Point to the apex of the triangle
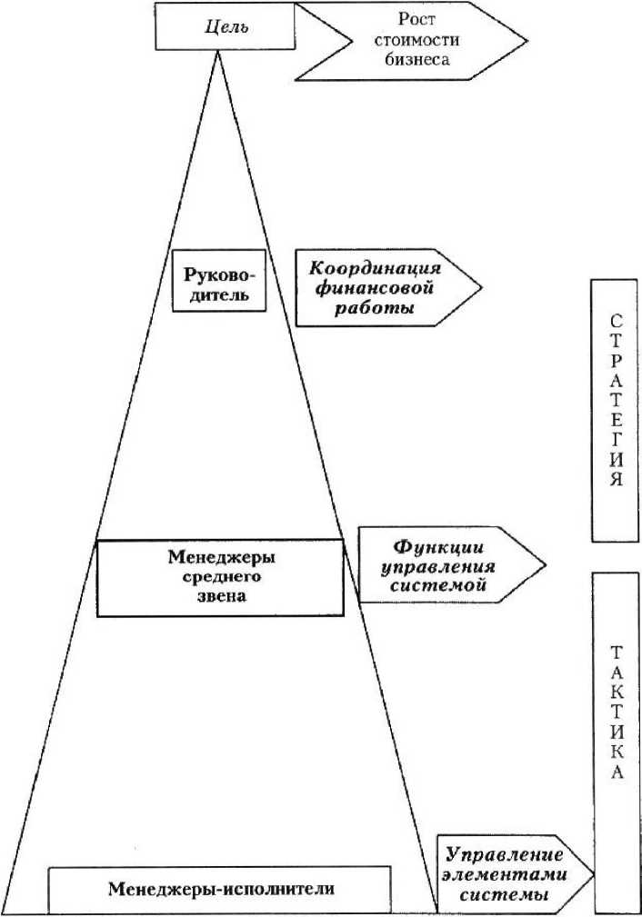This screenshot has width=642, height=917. (x=218, y=52)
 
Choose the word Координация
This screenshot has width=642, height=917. (x=375, y=269)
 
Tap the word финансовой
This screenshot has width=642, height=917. (x=375, y=289)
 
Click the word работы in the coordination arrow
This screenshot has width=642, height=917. (x=375, y=309)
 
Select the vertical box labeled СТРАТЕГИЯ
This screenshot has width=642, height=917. (x=616, y=409)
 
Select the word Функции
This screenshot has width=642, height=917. (x=439, y=548)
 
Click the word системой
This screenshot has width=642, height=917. (x=439, y=587)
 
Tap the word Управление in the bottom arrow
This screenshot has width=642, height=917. (x=506, y=855)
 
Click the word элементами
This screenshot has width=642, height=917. (x=506, y=875)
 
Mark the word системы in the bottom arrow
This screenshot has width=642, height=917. (x=506, y=895)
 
